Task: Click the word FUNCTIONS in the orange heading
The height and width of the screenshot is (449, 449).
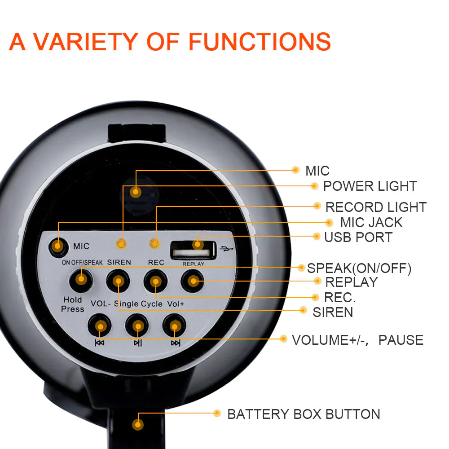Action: coord(260,41)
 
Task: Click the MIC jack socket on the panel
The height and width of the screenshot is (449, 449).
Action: coord(57,246)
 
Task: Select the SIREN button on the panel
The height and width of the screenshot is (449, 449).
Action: coord(118,282)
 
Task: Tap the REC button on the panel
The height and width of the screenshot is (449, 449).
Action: coord(155,282)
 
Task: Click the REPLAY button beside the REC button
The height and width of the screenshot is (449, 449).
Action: coord(193,282)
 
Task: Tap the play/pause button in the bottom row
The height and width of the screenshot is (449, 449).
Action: coord(137,326)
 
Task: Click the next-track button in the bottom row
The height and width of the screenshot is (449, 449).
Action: coord(175,326)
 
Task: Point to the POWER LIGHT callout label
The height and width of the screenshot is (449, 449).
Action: coord(370,186)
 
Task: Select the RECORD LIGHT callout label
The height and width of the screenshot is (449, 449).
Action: coord(376,207)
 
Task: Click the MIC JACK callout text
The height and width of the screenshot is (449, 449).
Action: coord(371,222)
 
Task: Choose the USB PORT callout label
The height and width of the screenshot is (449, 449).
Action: coord(358,237)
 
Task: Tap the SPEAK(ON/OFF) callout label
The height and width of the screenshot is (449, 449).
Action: coord(359,269)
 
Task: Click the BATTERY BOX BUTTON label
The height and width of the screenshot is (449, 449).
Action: coord(304,414)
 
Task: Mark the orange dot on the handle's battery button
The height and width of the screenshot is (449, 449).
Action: coord(138,424)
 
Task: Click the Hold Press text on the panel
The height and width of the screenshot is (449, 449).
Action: coord(73,304)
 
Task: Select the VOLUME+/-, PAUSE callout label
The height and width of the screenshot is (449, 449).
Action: coord(357,340)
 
